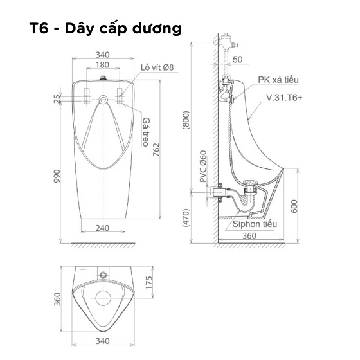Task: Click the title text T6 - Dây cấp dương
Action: [x=105, y=28]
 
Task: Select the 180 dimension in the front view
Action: [x=102, y=65]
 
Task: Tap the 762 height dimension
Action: [x=156, y=150]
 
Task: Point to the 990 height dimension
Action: [x=57, y=176]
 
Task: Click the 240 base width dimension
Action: [x=102, y=228]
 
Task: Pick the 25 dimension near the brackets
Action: [x=57, y=99]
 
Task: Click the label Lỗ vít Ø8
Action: [x=157, y=67]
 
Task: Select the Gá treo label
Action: [x=146, y=132]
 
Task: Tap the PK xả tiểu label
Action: [x=278, y=80]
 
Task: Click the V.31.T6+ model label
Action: [x=284, y=98]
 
